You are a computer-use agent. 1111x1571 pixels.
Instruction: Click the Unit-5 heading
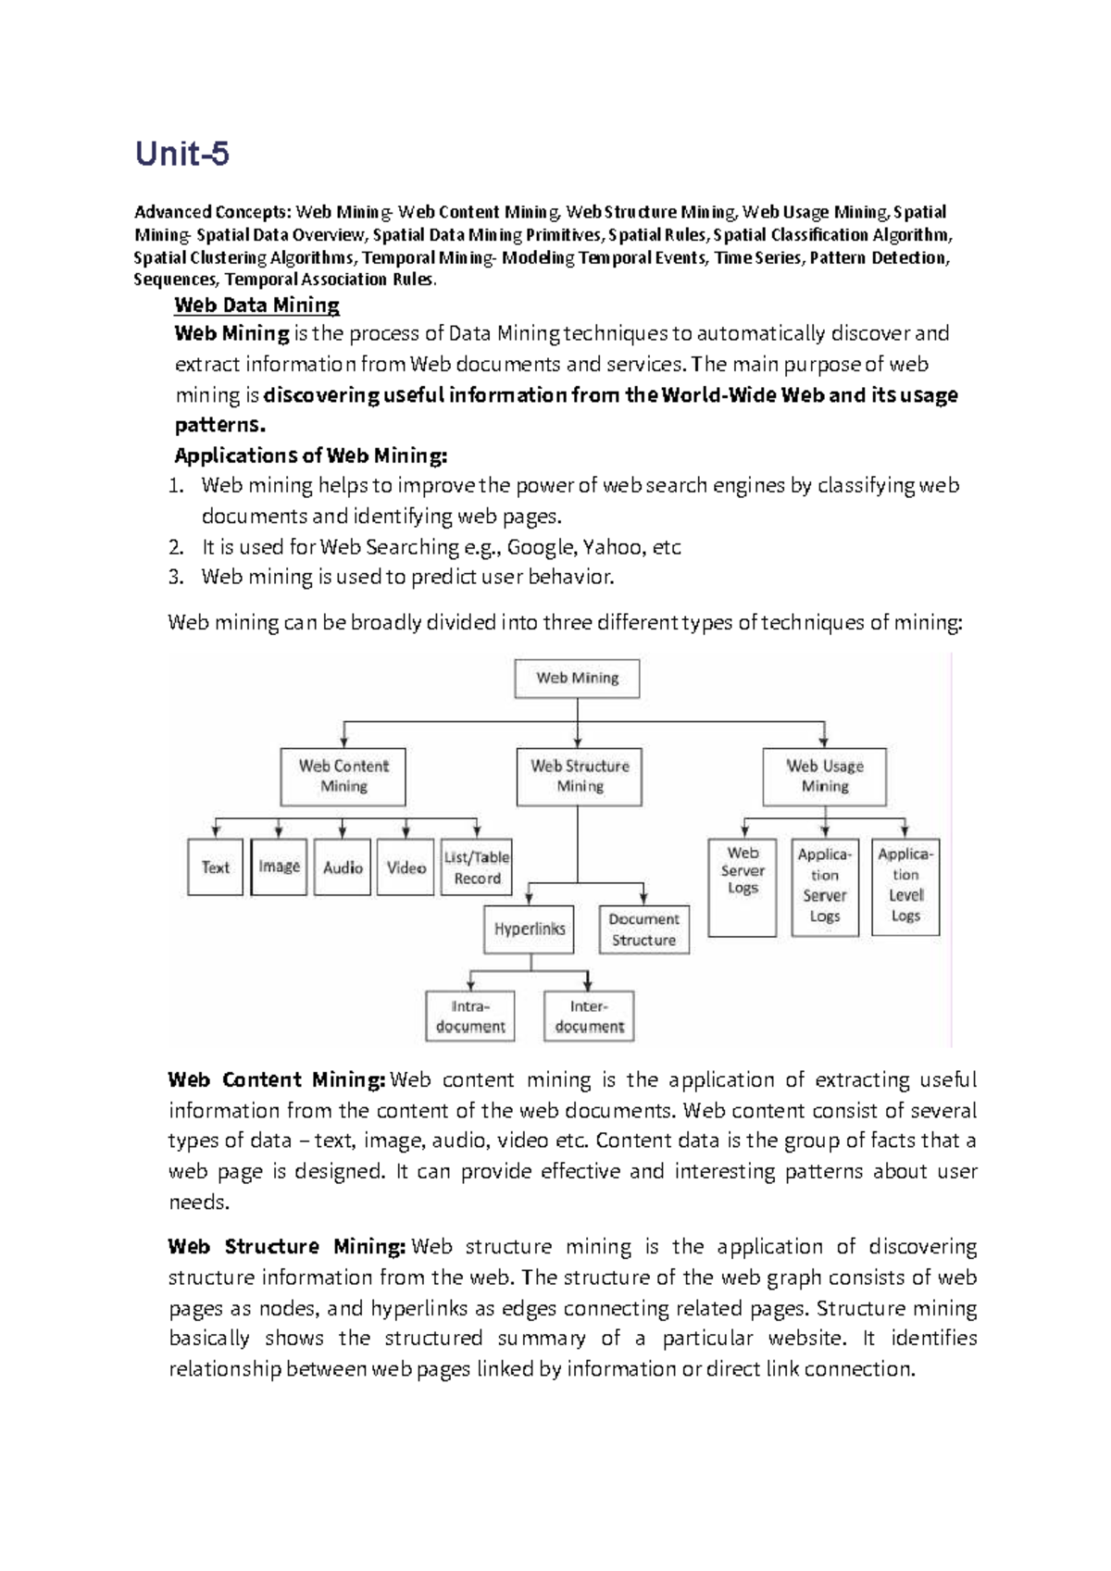coord(182,154)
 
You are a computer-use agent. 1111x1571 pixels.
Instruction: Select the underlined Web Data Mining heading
coord(256,305)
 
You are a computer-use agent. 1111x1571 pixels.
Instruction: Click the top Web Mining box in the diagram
coord(577,678)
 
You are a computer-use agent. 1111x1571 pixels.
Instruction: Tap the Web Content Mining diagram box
coord(343,776)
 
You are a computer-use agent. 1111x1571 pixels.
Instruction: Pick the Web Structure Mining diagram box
coord(580,776)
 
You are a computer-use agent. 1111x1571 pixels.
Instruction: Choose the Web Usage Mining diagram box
coord(824,776)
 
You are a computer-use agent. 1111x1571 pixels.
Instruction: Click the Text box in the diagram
coord(215,867)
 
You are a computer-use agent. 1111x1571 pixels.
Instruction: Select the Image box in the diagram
coord(279,867)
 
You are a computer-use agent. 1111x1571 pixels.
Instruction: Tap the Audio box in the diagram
coord(343,867)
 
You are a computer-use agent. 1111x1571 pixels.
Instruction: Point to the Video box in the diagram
coord(406,867)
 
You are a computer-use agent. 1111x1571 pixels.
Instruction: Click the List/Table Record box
coord(477,867)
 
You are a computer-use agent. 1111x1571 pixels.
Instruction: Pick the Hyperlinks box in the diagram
coord(529,929)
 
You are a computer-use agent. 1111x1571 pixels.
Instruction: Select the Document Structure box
coord(643,929)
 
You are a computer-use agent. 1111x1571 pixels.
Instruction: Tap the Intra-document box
coord(470,1016)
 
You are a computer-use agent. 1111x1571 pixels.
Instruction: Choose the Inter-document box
coord(589,1016)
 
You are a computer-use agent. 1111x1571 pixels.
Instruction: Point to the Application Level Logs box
coord(905,886)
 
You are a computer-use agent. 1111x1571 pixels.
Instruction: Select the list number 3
coord(177,578)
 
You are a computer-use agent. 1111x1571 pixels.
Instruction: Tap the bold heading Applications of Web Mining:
coord(311,455)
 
